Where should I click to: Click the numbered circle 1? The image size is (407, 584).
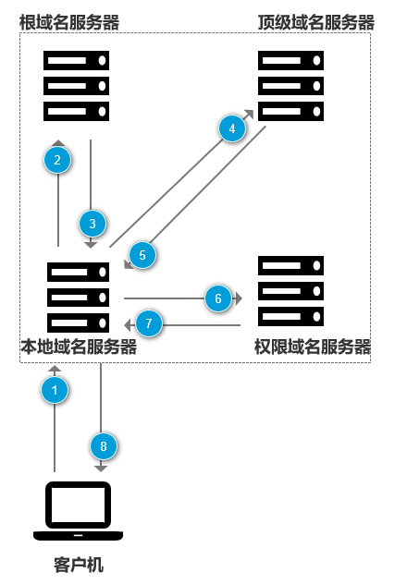point(55,391)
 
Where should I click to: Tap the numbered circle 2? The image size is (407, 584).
point(58,161)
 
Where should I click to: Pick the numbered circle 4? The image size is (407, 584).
point(233,128)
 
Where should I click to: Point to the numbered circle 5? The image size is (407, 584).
point(142,255)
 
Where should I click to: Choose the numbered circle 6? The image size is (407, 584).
point(217,298)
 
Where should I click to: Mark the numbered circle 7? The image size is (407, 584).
point(149,324)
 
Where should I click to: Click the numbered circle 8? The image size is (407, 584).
point(104,446)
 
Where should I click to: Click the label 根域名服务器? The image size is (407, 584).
point(69,21)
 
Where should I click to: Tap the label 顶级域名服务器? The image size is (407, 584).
point(315,21)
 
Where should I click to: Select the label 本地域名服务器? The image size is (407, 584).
point(79,347)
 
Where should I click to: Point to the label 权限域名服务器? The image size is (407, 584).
point(313,347)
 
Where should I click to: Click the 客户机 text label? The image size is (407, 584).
point(79,564)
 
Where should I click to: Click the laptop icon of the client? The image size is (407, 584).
point(79,511)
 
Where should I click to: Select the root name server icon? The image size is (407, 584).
point(77,86)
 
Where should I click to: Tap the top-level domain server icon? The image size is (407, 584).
point(291,86)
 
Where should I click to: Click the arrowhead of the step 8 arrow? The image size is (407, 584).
point(101,468)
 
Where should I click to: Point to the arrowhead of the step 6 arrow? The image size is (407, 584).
point(238,298)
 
